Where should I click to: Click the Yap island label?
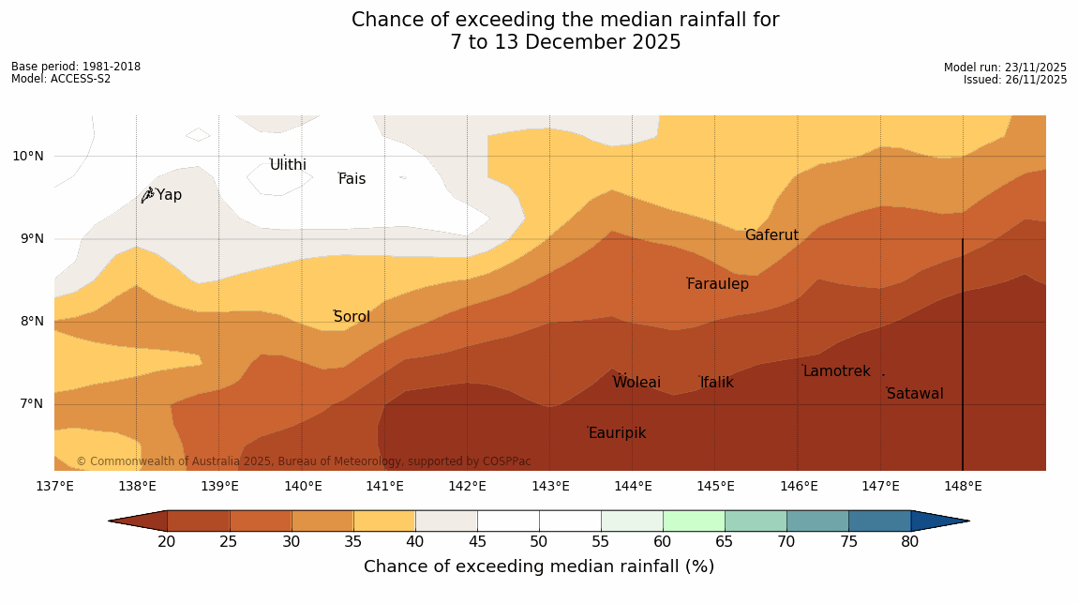[169, 195]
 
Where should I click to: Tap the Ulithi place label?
[288, 165]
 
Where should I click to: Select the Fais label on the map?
[352, 179]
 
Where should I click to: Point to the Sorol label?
[352, 317]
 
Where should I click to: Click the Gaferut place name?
[771, 235]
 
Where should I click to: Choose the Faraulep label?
[717, 284]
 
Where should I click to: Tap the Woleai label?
[636, 383]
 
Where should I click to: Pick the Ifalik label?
[716, 383]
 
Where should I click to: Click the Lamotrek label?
[836, 371]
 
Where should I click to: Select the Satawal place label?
[915, 394]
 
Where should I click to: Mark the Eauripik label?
[617, 433]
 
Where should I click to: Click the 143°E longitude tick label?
[550, 486]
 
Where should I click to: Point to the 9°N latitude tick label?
[28, 239]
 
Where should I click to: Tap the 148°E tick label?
[963, 486]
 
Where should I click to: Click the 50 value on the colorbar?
[538, 542]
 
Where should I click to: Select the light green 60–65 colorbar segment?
[694, 521]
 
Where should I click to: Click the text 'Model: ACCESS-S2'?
[61, 79]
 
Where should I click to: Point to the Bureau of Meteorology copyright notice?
[303, 461]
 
